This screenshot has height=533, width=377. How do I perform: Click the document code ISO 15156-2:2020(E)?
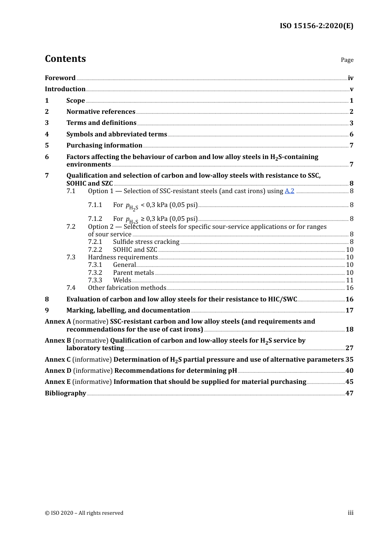point(316,26)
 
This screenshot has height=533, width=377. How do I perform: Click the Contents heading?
point(65,59)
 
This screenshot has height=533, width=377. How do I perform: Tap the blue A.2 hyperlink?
point(289,191)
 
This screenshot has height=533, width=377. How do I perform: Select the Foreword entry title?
point(60,78)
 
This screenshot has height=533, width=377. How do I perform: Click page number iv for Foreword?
point(350,78)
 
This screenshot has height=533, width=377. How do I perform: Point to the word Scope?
point(75,101)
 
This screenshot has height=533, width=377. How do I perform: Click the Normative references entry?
point(101,112)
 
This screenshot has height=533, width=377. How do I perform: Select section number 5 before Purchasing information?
point(47,146)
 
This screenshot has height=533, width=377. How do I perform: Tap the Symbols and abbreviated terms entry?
point(117,134)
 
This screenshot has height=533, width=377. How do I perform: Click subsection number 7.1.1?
point(95,205)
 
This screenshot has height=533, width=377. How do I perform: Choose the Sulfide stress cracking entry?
point(146,242)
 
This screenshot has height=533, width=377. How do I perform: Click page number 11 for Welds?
point(350,280)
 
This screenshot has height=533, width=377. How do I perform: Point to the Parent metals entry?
point(133,273)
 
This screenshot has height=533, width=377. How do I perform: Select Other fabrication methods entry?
point(127,288)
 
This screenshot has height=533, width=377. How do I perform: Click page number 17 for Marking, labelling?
point(349,311)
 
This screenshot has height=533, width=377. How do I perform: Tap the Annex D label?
point(58,371)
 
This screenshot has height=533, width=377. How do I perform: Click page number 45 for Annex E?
point(349,382)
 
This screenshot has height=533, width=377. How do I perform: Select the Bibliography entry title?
point(65,393)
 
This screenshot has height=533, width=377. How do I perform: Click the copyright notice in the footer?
point(84,513)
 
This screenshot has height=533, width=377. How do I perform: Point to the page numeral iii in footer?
point(350,513)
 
